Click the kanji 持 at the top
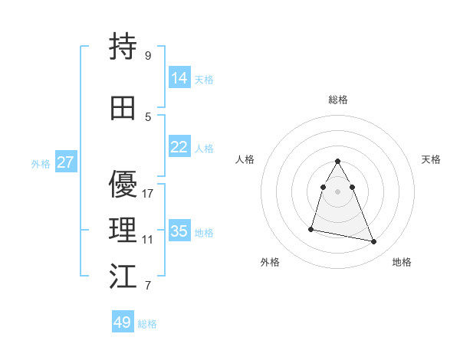click(x=123, y=47)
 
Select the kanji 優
click(x=123, y=185)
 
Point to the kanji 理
click(x=123, y=231)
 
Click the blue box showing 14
click(x=179, y=77)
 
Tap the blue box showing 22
click(x=179, y=147)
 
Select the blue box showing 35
click(x=179, y=231)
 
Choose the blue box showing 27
click(x=65, y=162)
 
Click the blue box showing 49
click(x=123, y=322)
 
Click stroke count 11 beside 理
click(x=148, y=240)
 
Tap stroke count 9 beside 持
click(x=148, y=56)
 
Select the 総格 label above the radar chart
click(x=338, y=100)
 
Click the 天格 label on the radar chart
click(x=431, y=159)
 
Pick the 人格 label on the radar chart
click(x=245, y=159)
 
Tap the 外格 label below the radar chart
click(x=270, y=262)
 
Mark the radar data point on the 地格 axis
click(x=374, y=242)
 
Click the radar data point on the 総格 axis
click(x=338, y=161)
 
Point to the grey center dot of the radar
click(x=338, y=191)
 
